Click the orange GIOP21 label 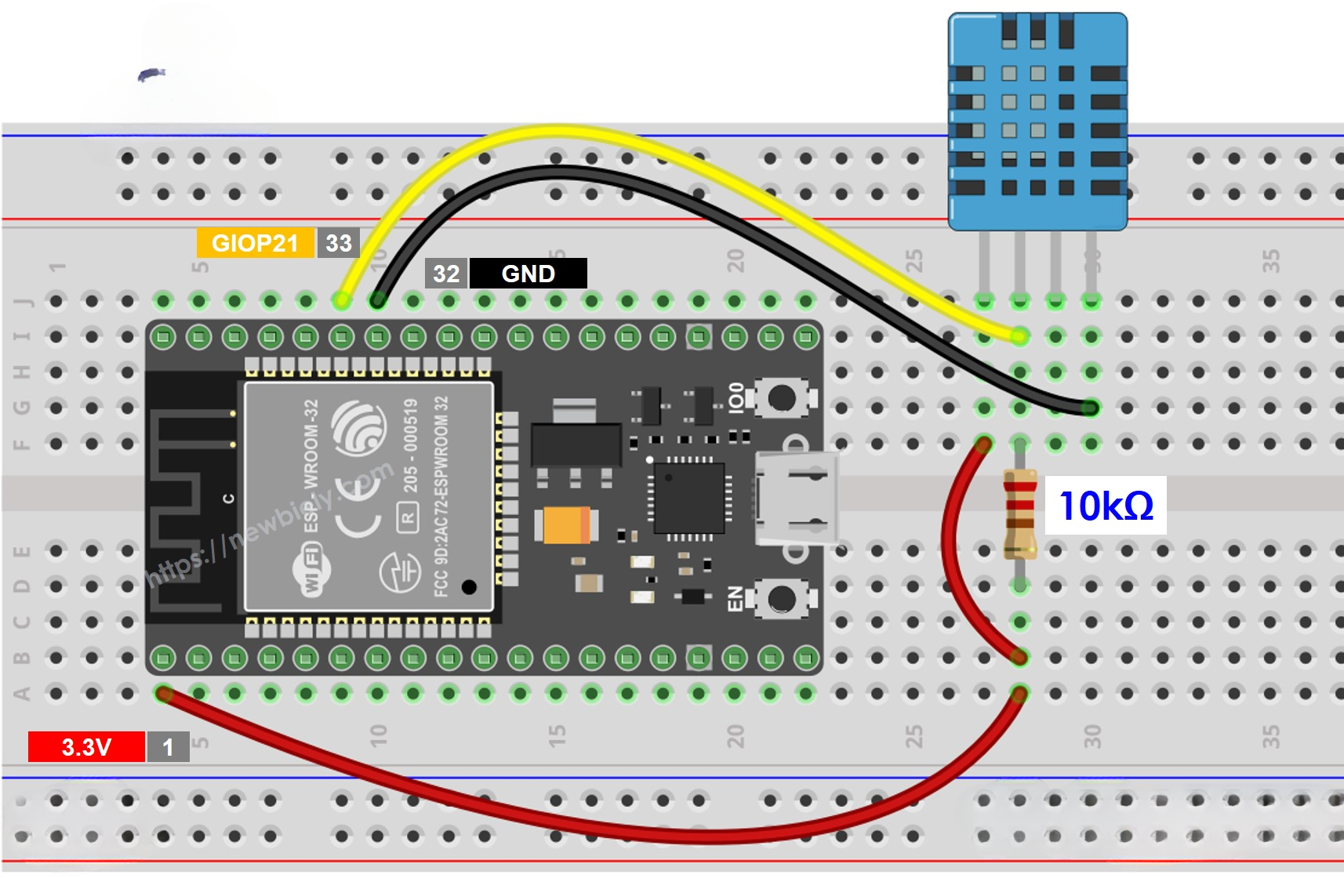[x=255, y=243]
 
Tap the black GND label [x=528, y=274]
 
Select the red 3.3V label [x=86, y=747]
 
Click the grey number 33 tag [x=338, y=243]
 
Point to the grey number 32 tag [x=446, y=274]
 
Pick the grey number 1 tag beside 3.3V [x=168, y=747]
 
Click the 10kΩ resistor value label [x=1105, y=506]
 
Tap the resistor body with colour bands [x=1019, y=513]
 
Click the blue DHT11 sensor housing [x=1037, y=122]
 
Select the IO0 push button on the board [x=781, y=397]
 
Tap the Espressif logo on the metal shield [x=358, y=427]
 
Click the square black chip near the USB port [x=689, y=498]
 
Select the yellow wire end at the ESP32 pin [x=342, y=299]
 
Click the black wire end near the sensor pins [x=1090, y=408]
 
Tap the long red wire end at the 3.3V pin [x=164, y=693]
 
